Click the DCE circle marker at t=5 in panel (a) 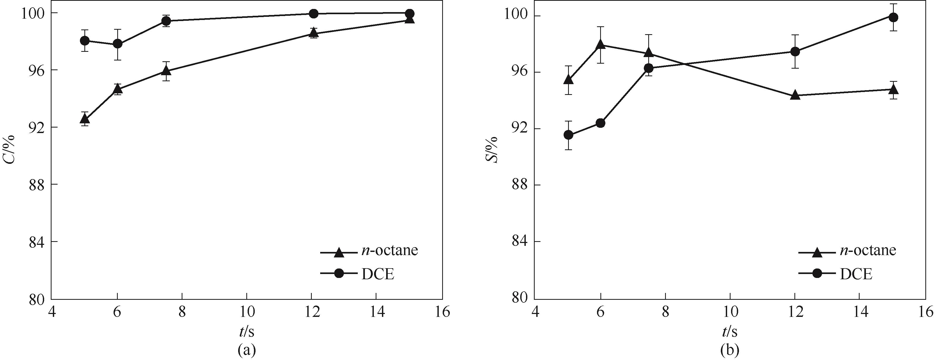click(x=85, y=40)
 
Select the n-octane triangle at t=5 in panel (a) click(x=85, y=119)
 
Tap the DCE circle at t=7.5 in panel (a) click(x=166, y=21)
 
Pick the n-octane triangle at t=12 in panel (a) click(x=314, y=33)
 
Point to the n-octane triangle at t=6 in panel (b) click(x=600, y=45)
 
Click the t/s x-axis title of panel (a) click(x=247, y=331)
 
